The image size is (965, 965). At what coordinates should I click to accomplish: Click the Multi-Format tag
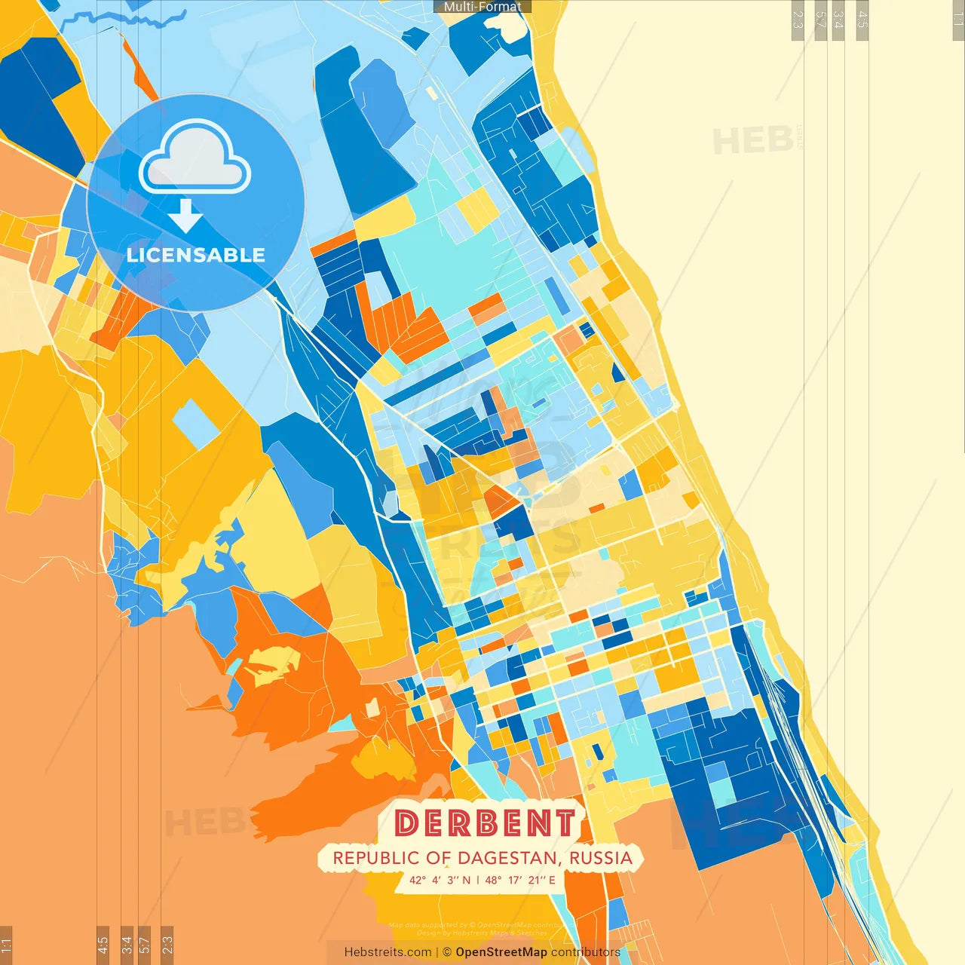[x=482, y=7]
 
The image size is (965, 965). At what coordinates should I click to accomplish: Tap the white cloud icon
[x=195, y=160]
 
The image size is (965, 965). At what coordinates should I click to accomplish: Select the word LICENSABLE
[x=196, y=255]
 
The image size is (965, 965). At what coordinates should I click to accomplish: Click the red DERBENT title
[x=485, y=823]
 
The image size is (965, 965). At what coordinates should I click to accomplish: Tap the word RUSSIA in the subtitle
[x=600, y=858]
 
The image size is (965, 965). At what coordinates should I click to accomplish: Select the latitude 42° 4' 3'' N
[x=440, y=880]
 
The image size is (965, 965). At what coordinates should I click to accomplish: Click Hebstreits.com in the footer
[x=388, y=952]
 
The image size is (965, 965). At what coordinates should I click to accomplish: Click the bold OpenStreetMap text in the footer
[x=501, y=952]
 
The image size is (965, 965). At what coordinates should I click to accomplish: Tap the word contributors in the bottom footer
[x=585, y=952]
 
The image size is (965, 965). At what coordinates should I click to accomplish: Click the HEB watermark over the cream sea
[x=752, y=141]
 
